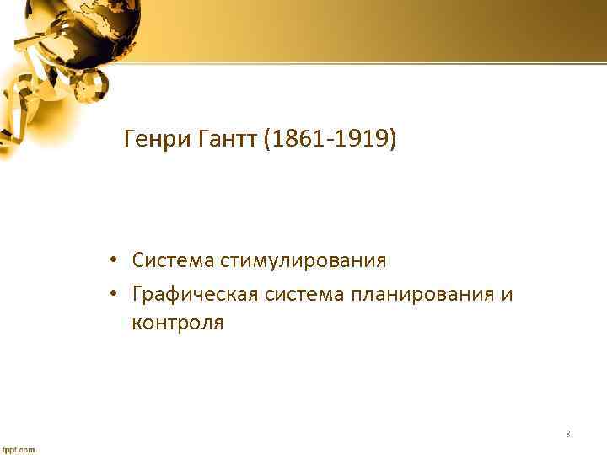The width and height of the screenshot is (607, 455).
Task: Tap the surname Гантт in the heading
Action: pyautogui.click(x=226, y=138)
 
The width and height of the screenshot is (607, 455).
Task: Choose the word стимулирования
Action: pyautogui.click(x=303, y=260)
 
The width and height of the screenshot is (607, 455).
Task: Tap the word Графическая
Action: pyautogui.click(x=195, y=294)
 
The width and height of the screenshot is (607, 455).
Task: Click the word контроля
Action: pyautogui.click(x=178, y=324)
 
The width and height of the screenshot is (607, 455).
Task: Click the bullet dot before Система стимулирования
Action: pyautogui.click(x=111, y=260)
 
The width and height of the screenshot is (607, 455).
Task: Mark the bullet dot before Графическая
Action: pyautogui.click(x=111, y=294)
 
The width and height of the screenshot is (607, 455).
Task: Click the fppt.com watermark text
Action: pyautogui.click(x=19, y=449)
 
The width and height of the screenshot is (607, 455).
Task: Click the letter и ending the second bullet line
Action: pyautogui.click(x=506, y=294)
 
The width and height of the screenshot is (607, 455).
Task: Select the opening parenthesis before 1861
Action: pyautogui.click(x=267, y=138)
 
